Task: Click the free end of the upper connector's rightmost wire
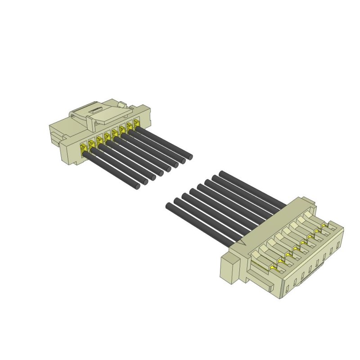[x=190, y=157]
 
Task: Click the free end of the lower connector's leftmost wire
[x=169, y=206]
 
